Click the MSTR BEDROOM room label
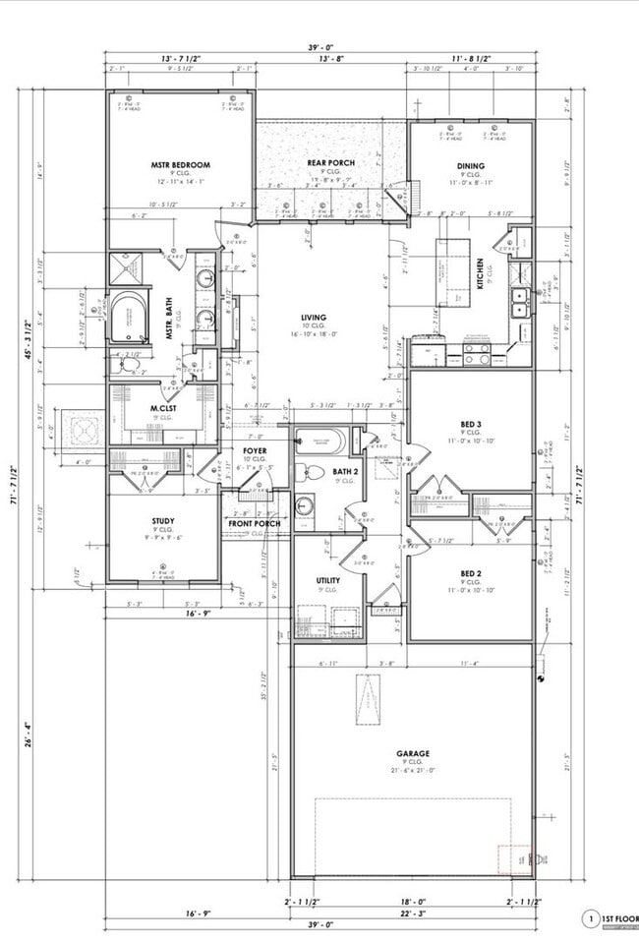180,165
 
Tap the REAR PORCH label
330,162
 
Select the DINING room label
471,165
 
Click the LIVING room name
314,318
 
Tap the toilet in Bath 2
306,473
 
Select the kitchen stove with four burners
477,353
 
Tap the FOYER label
256,450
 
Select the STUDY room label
163,521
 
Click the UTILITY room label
328,580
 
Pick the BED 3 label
471,424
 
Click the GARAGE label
413,753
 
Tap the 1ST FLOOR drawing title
616,920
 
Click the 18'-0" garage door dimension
413,901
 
